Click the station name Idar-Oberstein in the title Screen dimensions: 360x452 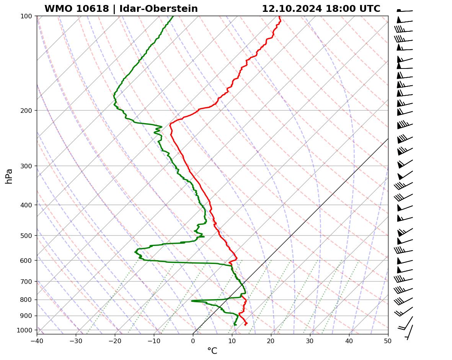[x=158, y=9]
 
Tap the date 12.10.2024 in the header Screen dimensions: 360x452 [x=292, y=9]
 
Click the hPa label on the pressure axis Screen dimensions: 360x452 [x=9, y=176]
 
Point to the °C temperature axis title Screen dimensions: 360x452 [x=212, y=351]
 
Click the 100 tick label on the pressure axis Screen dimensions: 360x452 [x=27, y=16]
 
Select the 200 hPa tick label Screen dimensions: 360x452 [x=27, y=111]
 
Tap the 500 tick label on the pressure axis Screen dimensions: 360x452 [x=27, y=235]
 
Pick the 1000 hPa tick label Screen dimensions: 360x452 [x=25, y=330]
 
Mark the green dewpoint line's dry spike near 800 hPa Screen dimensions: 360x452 [x=192, y=301]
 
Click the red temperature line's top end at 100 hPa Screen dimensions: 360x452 [x=280, y=16]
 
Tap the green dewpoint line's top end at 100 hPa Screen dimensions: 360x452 [x=173, y=16]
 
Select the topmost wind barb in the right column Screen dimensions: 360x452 [x=405, y=11]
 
